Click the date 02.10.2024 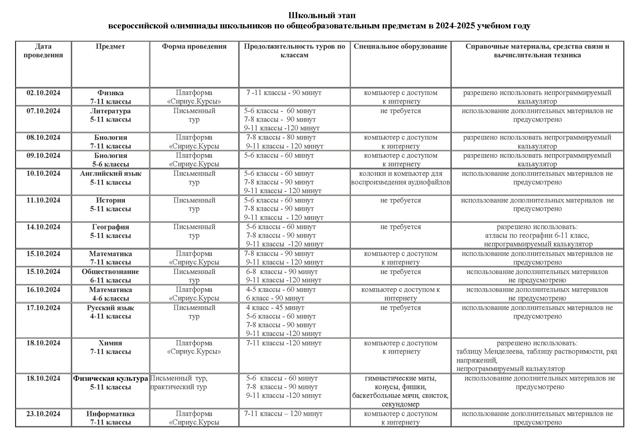43,93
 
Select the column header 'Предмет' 110,46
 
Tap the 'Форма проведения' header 194,46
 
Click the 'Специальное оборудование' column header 400,46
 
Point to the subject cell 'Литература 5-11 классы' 110,115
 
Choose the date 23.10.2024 43,414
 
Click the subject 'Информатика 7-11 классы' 110,418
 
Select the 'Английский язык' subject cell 110,178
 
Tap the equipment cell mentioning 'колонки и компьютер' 400,178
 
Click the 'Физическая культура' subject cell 110,383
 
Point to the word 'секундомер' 400,404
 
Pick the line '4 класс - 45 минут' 275,308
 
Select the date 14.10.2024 43,227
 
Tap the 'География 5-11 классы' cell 110,231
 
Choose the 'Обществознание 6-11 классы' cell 110,276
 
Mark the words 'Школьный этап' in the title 322,15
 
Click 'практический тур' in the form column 179,387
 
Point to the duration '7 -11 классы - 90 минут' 284,93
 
